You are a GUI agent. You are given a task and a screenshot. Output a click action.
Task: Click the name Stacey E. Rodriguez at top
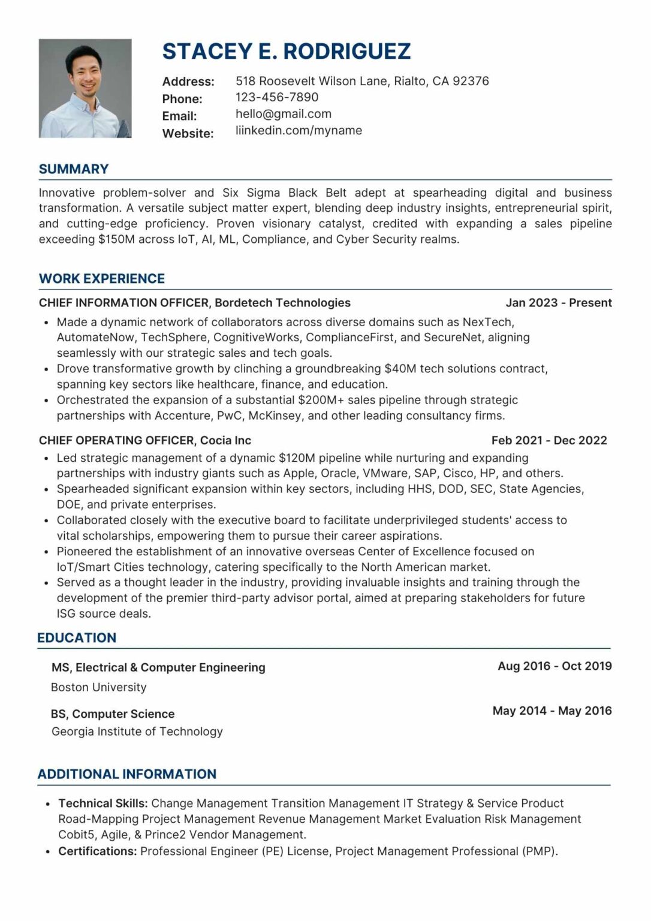tap(286, 52)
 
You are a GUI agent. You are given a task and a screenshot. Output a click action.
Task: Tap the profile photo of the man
tap(85, 88)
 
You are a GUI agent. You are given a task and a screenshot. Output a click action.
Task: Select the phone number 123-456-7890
tap(276, 97)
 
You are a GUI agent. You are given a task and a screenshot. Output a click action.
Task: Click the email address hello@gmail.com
tap(283, 114)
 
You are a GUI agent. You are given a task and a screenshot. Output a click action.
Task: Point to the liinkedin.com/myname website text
tap(299, 131)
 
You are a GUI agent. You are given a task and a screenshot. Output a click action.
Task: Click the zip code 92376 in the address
tap(471, 81)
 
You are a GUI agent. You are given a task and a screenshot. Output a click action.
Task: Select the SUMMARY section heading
tap(74, 169)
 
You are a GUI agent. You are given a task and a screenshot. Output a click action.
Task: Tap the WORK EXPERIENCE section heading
tap(102, 279)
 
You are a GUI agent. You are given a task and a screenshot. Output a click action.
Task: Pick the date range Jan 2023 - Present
tap(558, 303)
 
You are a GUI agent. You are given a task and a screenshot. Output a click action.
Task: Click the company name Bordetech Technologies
tap(282, 303)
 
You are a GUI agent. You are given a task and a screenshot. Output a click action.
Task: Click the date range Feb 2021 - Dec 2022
tap(548, 441)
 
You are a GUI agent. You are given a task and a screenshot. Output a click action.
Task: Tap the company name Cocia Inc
tap(225, 441)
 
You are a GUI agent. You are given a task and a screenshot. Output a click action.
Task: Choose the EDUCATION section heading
tap(77, 638)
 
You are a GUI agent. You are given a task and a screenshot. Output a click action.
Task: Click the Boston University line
tap(99, 687)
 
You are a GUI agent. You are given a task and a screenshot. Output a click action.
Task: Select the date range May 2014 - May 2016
tap(551, 711)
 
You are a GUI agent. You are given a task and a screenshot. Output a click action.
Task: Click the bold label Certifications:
tap(97, 851)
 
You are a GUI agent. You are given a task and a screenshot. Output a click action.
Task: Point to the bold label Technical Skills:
tap(103, 803)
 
